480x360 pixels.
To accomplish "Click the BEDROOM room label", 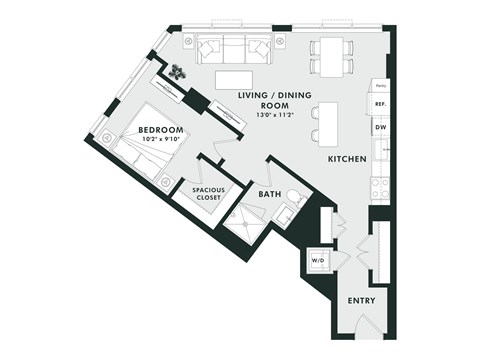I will pos(160,130).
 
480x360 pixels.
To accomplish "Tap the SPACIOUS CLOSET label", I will pos(201,192).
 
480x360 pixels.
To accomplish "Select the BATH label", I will pos(269,193).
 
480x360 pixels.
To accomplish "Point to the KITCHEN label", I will pos(346,159).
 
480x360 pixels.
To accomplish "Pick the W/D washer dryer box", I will pos(319,260).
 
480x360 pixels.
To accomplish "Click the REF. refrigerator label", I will pos(380,103).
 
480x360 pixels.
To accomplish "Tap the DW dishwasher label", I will pos(380,128).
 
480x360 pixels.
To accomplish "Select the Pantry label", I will pos(380,84).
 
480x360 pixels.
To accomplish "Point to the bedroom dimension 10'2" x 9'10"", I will pos(160,141).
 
